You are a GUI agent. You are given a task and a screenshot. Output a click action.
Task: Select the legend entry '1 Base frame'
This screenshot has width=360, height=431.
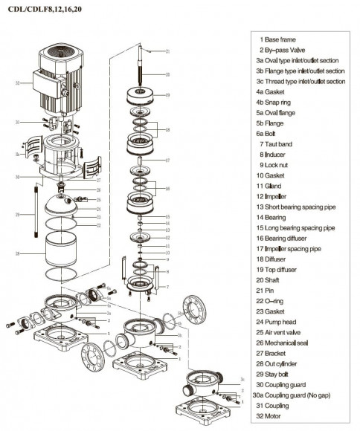(280, 39)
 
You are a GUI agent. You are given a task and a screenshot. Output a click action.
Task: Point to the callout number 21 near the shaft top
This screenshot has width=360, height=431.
(168, 51)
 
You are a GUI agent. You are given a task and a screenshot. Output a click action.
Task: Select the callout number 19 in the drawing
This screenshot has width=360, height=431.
(168, 95)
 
